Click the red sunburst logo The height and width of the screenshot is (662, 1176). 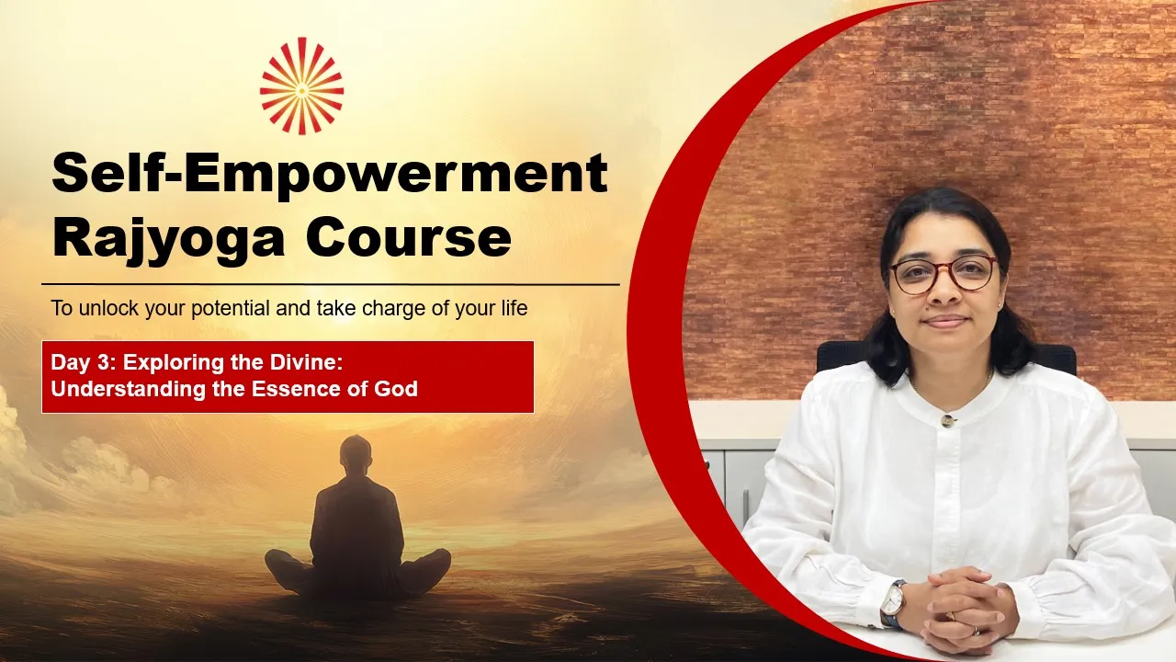click(x=302, y=86)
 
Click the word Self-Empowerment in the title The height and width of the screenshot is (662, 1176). click(x=330, y=175)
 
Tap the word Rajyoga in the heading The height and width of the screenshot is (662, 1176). click(x=168, y=240)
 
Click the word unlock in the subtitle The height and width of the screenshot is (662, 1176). click(x=108, y=308)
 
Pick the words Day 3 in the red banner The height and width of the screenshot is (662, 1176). click(x=83, y=363)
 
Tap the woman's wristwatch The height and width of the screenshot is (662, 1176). click(x=893, y=604)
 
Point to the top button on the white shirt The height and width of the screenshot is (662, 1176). click(x=947, y=420)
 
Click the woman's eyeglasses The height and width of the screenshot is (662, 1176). click(x=944, y=274)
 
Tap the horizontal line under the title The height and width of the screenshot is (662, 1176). click(x=331, y=285)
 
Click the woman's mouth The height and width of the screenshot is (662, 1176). click(x=946, y=322)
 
